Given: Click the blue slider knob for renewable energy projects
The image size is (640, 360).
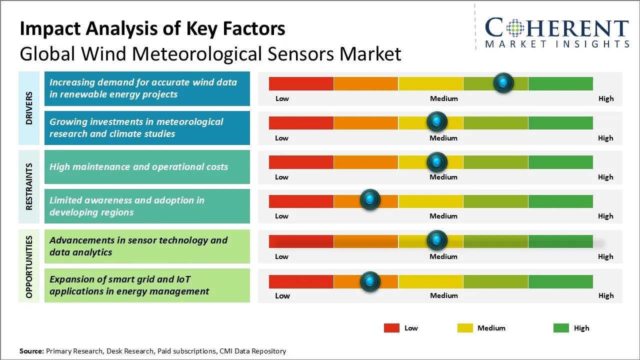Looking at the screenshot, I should click(x=503, y=83).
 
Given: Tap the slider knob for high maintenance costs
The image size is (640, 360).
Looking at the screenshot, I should click(x=437, y=162).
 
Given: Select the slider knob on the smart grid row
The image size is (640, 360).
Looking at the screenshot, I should click(x=370, y=281).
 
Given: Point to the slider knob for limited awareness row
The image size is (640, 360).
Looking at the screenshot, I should click(x=370, y=200).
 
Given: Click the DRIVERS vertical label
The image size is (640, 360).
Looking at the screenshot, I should click(x=29, y=108).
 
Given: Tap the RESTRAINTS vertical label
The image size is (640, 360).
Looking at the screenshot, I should click(x=29, y=186).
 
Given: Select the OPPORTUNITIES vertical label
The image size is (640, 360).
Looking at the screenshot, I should click(x=29, y=266).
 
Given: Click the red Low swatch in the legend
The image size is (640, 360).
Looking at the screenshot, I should click(x=391, y=328).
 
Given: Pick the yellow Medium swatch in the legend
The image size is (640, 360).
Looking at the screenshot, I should click(x=465, y=328).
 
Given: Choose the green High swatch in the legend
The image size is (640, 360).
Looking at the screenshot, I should click(x=561, y=328).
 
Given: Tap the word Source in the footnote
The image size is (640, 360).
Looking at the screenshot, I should click(x=31, y=351).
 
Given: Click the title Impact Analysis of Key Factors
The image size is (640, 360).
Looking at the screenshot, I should click(x=152, y=29).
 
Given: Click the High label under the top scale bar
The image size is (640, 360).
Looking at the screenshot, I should click(x=606, y=98).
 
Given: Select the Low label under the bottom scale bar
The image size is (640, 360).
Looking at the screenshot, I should click(x=282, y=295).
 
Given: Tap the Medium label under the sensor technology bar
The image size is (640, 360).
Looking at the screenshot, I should click(x=443, y=256).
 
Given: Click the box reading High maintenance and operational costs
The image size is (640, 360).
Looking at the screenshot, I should click(x=147, y=167).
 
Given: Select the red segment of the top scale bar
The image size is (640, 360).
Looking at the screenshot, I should click(x=301, y=83).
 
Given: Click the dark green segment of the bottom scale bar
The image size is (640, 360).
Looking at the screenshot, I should click(x=560, y=281).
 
